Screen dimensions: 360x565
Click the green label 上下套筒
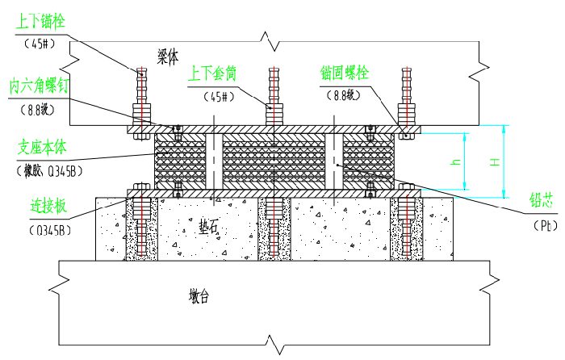pos(212,74)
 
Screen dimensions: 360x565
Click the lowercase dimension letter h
pos(456,163)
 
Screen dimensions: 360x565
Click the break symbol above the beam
pos(267,37)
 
